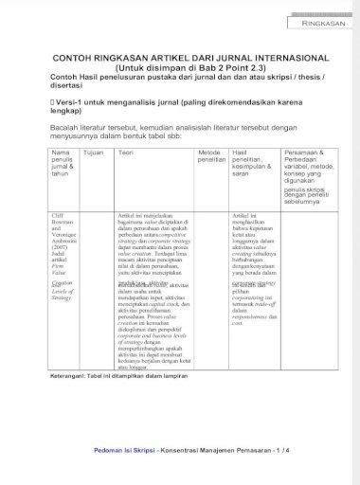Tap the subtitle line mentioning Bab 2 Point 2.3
[x=181, y=67]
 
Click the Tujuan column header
[x=94, y=153]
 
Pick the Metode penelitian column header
[x=210, y=156]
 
